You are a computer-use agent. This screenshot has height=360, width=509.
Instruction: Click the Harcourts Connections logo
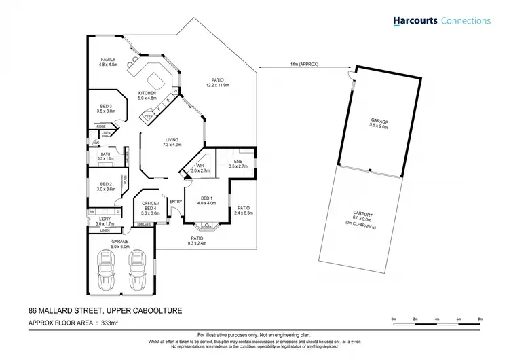click(441, 21)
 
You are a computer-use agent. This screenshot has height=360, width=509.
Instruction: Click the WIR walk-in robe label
click(200, 166)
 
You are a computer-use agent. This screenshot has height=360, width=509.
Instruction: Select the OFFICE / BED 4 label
click(150, 206)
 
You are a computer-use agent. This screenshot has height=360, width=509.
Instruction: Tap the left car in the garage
click(107, 270)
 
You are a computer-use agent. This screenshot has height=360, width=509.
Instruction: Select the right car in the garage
click(136, 270)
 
